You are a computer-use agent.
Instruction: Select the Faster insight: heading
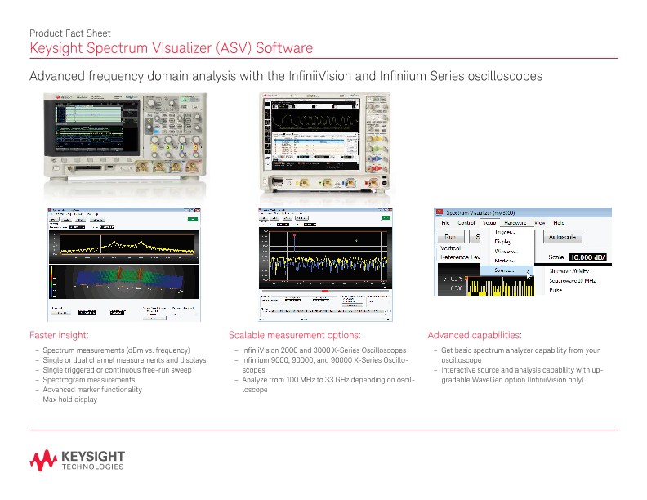coord(59,335)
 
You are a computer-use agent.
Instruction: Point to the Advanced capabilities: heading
coord(475,335)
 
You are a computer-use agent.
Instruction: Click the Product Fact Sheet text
coord(69,33)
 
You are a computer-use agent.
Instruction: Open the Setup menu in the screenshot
coord(489,222)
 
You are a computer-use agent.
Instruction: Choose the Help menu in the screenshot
coord(559,222)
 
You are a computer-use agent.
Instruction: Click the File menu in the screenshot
coord(445,222)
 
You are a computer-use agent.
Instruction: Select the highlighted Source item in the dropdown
coord(504,270)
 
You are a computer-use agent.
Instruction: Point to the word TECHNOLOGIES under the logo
coord(93,468)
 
